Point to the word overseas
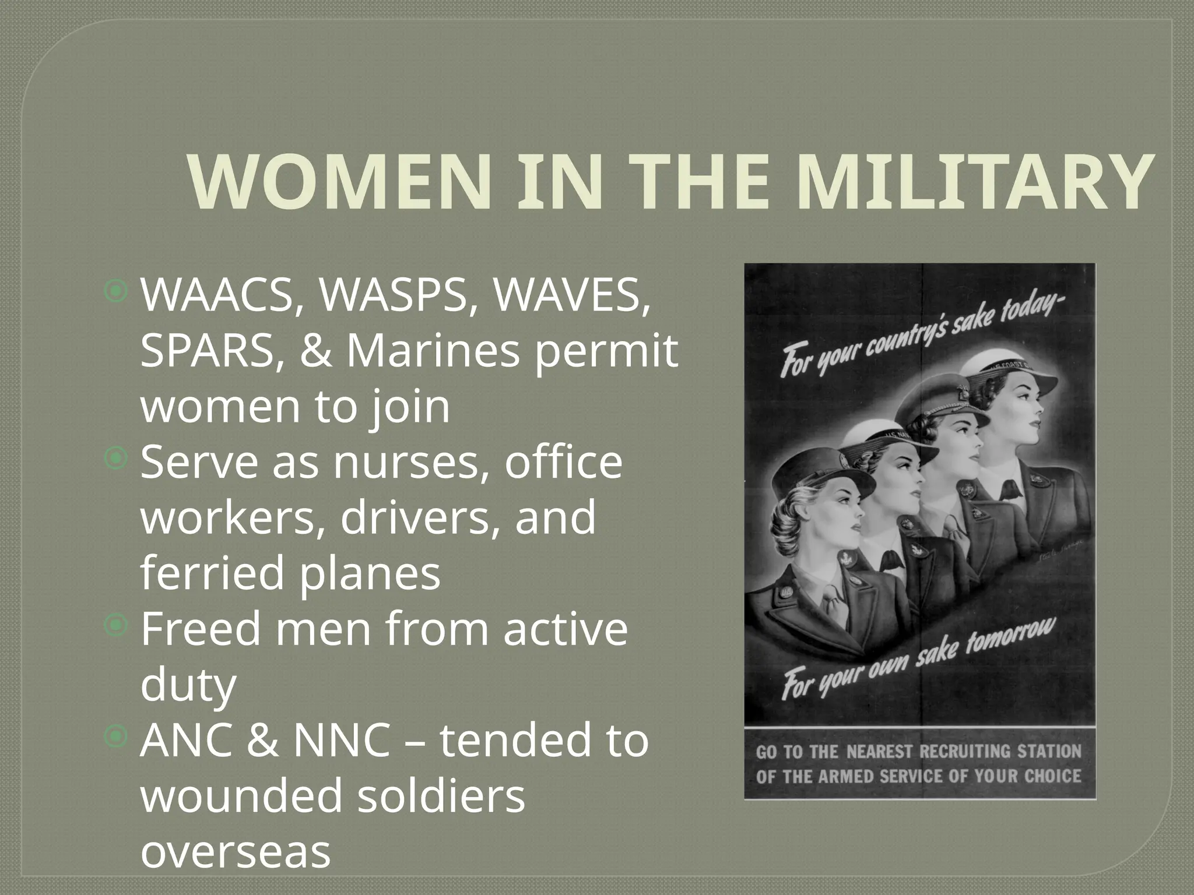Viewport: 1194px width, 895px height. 236,851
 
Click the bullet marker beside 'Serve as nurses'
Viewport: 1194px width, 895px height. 117,460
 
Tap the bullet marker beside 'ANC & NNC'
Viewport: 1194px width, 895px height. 117,738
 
